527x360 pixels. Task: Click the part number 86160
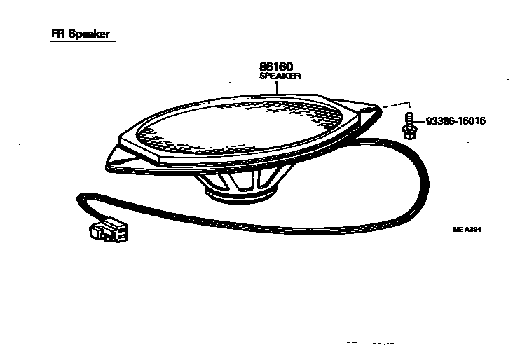click(x=276, y=67)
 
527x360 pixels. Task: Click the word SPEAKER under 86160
click(x=280, y=76)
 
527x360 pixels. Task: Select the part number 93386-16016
click(x=456, y=120)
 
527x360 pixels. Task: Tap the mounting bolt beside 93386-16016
click(x=408, y=125)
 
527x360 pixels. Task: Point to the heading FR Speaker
click(x=80, y=34)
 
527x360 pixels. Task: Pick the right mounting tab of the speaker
click(x=364, y=111)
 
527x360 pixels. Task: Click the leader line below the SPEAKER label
click(x=278, y=88)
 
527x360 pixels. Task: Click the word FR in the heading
click(x=58, y=34)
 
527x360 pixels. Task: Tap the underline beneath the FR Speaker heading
click(x=80, y=42)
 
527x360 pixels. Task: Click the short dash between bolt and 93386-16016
click(x=420, y=121)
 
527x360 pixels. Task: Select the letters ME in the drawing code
click(x=458, y=228)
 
